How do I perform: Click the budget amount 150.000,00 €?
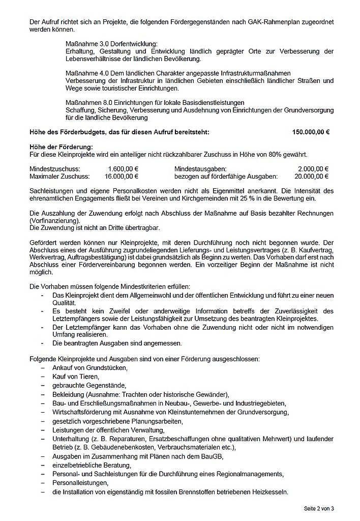coord(311,132)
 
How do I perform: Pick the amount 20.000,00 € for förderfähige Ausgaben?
coord(312,177)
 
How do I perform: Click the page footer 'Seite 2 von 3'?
coord(322,508)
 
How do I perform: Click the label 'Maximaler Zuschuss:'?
coord(59,177)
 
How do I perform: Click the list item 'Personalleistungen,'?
coord(80,483)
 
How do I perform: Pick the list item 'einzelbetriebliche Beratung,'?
coord(92,465)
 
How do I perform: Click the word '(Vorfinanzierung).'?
coord(55,221)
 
